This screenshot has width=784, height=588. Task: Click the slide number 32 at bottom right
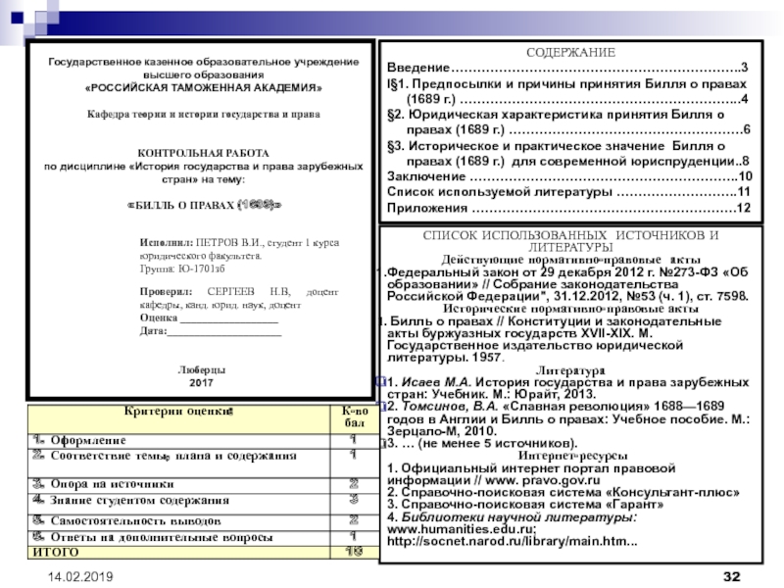click(731, 572)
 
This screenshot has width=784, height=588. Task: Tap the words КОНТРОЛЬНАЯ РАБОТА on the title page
click(202, 154)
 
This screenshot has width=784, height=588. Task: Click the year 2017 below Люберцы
click(201, 381)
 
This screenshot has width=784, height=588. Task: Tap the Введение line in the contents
click(417, 67)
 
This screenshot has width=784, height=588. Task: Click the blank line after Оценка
click(235, 318)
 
